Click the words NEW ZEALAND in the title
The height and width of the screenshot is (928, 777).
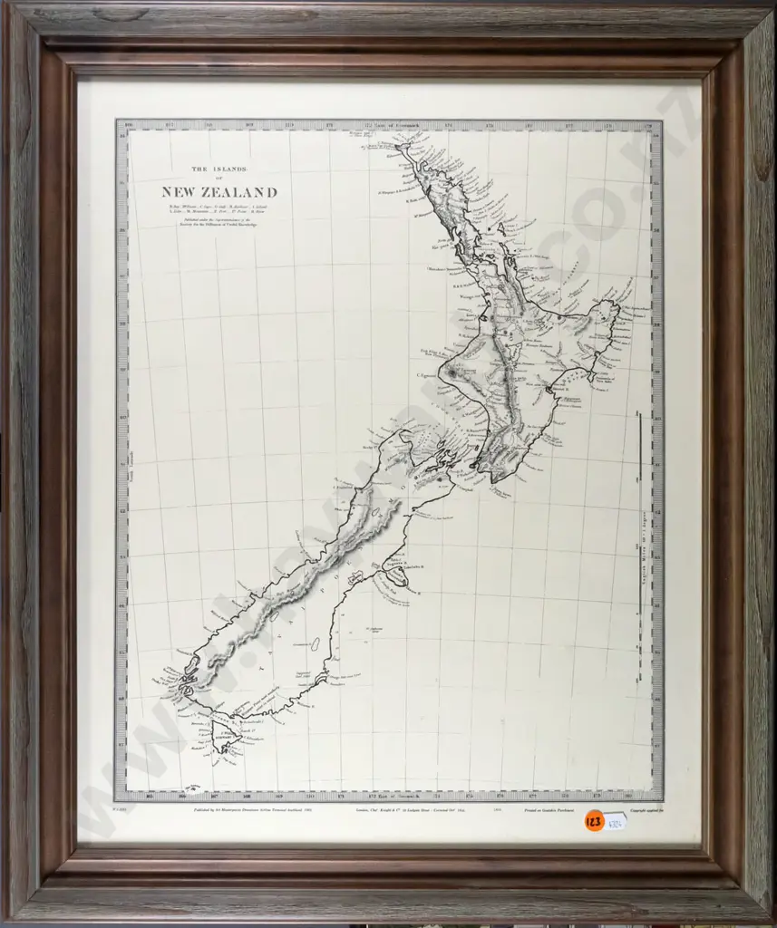click(x=219, y=192)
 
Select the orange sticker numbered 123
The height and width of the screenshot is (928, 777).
click(x=595, y=822)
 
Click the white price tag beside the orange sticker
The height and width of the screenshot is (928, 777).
click(x=617, y=821)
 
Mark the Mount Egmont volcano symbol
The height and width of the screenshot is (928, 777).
click(x=451, y=372)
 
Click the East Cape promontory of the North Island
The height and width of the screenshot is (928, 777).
click(x=617, y=308)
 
